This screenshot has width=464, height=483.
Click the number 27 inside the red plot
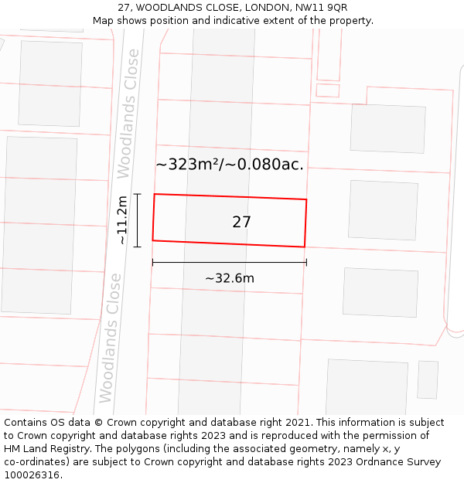point(241,222)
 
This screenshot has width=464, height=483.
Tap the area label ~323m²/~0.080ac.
point(230,164)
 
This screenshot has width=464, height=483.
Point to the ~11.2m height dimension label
point(121,220)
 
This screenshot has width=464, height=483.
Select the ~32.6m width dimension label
point(229,278)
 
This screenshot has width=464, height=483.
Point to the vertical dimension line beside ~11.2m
point(137,220)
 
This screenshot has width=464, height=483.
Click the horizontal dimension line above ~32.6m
point(229,263)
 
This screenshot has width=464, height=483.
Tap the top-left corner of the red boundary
point(155,194)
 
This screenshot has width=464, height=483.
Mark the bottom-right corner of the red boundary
point(304,247)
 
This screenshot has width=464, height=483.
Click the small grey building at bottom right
point(428,379)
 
